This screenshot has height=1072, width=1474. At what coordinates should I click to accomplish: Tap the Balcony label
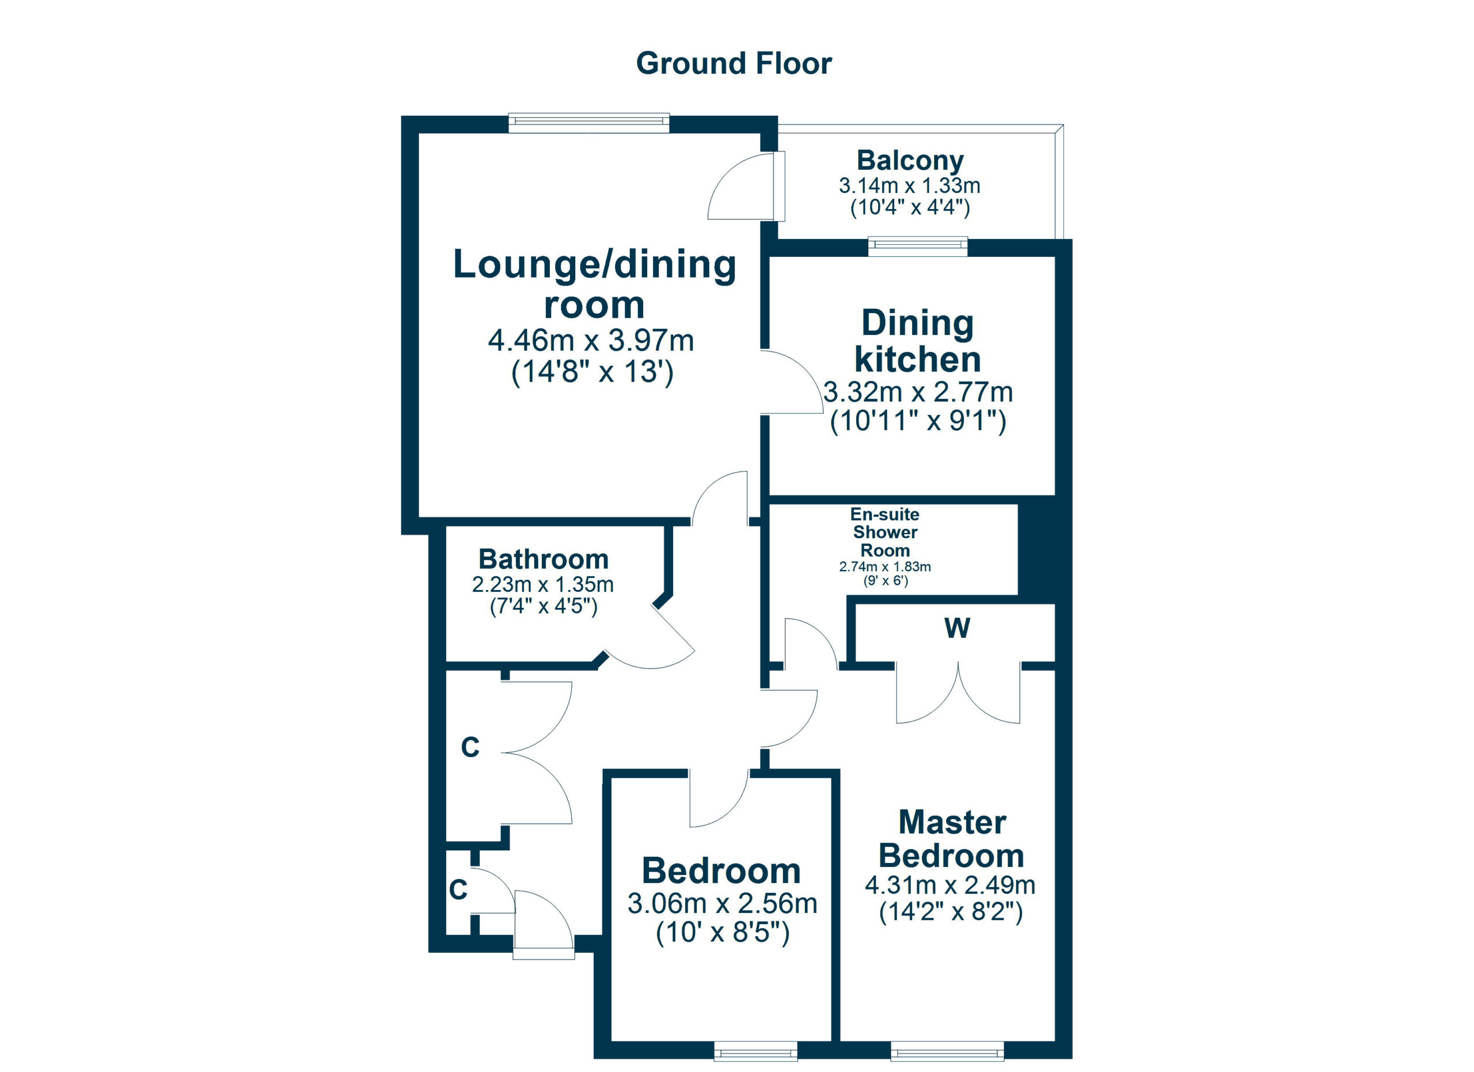(910, 161)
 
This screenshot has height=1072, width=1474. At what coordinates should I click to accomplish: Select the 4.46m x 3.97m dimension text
(591, 340)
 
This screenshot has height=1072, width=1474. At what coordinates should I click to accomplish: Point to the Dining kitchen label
(917, 341)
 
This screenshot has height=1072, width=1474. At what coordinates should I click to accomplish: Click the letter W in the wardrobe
(958, 628)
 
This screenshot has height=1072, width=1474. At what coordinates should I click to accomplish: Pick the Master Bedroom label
(951, 839)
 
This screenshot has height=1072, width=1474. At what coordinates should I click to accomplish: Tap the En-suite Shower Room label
(885, 532)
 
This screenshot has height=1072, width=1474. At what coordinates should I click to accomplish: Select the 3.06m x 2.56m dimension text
(722, 904)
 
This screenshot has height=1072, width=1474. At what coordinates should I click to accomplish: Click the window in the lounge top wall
(589, 123)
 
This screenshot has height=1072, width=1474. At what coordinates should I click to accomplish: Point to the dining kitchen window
(918, 246)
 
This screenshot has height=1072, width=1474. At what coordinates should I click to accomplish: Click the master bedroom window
(947, 1051)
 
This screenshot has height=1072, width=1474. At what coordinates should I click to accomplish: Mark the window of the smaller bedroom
(755, 1051)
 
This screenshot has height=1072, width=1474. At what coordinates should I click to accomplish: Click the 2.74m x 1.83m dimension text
(885, 567)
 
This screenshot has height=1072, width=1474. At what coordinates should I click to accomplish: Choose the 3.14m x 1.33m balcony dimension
(910, 186)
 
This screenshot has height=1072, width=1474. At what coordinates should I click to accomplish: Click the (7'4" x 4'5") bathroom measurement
(544, 606)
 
